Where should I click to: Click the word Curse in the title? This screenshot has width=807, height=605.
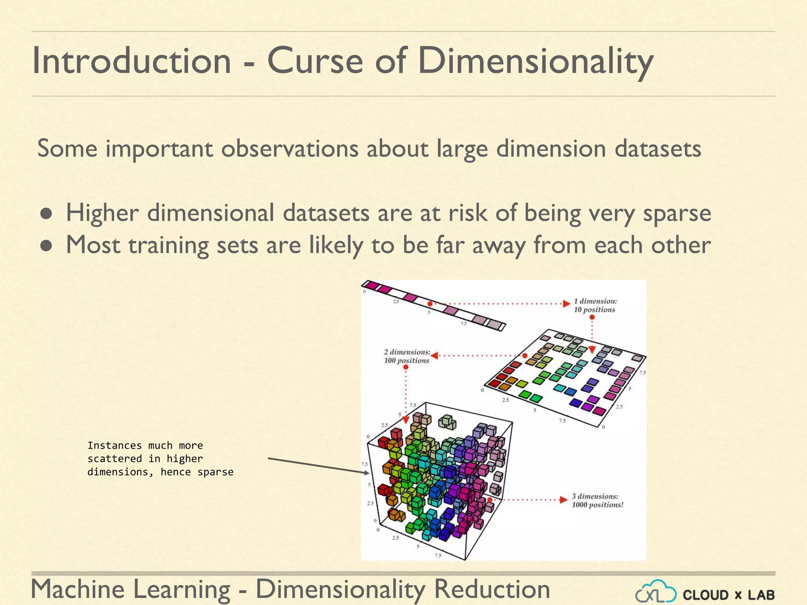coord(315,61)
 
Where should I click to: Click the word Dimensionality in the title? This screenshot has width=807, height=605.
coord(536,61)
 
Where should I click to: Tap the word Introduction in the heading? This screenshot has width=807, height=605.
coord(131,61)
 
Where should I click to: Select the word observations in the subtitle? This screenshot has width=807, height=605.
coord(290,149)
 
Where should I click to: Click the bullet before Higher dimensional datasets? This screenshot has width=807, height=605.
coord(46,214)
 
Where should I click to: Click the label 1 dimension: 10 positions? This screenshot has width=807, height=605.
coord(595,305)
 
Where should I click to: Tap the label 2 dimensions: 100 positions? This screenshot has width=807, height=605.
coord(407,356)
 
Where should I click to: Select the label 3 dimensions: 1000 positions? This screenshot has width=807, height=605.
coord(597,500)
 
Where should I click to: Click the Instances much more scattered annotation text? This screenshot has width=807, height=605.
coord(160,458)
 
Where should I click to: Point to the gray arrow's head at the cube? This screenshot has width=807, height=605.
coord(366,473)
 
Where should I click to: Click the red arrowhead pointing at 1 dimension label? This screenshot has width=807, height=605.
coord(567,303)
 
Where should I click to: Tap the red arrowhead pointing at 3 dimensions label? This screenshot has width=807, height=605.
coord(564,499)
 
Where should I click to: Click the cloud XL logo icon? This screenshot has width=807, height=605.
coord(656,592)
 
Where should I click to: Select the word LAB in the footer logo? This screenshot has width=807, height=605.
coord(761,595)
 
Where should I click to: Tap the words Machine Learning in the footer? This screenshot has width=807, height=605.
coord(130,589)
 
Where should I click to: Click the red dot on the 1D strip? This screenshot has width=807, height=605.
coord(430,304)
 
